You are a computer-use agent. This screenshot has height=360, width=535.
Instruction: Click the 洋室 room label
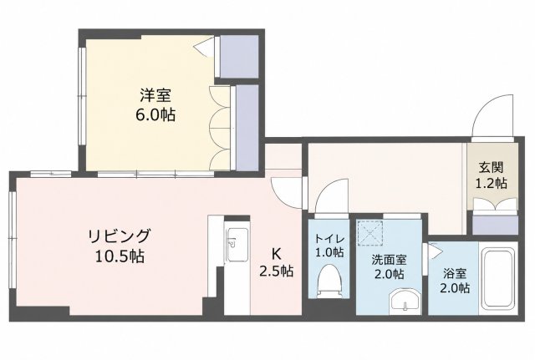(x=155, y=95)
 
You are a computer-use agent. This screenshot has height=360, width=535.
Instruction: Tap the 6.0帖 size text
(x=155, y=115)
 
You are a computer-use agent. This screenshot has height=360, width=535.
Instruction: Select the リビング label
(x=119, y=236)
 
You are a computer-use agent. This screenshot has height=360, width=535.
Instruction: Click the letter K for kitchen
(x=276, y=253)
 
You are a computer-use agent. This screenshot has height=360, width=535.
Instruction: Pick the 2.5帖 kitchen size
(x=276, y=271)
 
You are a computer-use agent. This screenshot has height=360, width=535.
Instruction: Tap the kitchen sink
(x=237, y=245)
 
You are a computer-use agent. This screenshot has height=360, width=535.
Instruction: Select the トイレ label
(x=329, y=238)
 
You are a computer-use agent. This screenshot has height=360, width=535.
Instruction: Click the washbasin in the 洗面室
(x=405, y=301)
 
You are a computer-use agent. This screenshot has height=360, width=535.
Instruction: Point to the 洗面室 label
(x=389, y=260)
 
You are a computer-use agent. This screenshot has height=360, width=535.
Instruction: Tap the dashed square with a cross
(x=369, y=233)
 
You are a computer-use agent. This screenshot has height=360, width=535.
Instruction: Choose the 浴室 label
(x=455, y=273)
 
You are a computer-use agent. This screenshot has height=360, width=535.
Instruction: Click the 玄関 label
(x=492, y=168)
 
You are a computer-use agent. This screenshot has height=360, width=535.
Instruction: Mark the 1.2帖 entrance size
(x=492, y=184)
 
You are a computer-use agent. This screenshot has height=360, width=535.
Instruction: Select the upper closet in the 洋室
(x=239, y=57)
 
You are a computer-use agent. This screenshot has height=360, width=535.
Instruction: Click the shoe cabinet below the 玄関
(x=495, y=225)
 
